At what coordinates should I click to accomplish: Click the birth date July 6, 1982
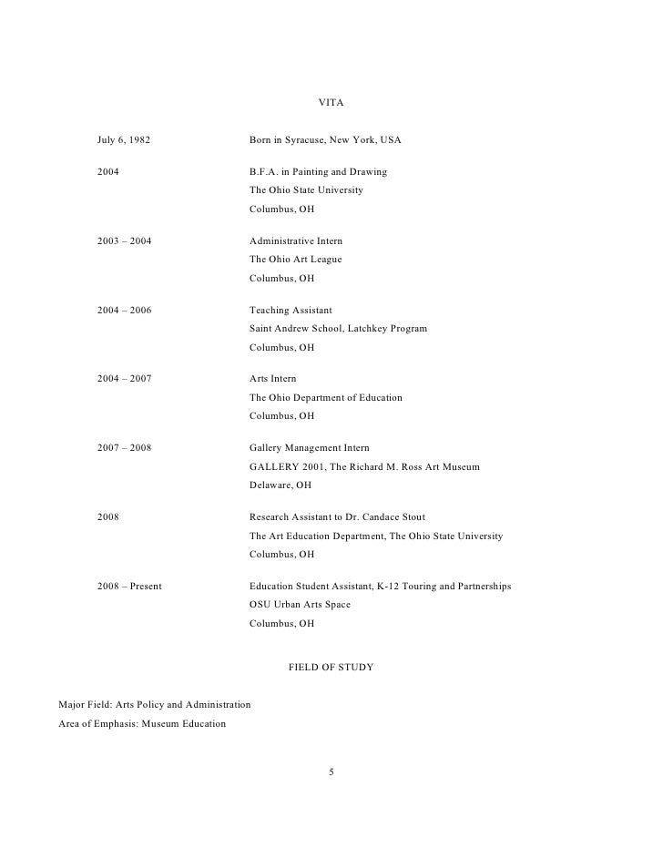pyautogui.click(x=124, y=141)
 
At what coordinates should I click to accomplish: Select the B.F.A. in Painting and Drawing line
pyautogui.click(x=318, y=172)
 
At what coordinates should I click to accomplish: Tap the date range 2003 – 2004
pyautogui.click(x=125, y=241)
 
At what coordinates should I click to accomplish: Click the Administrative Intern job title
pyautogui.click(x=296, y=241)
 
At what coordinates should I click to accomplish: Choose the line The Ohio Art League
pyautogui.click(x=295, y=260)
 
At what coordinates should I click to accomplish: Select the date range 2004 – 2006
pyautogui.click(x=125, y=311)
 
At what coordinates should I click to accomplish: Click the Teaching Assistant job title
pyautogui.click(x=291, y=311)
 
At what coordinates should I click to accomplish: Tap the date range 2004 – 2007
pyautogui.click(x=125, y=379)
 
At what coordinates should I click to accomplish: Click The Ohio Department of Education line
pyautogui.click(x=325, y=398)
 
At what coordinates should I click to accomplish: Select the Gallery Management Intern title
pyautogui.click(x=309, y=448)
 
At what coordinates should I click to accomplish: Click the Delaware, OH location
pyautogui.click(x=280, y=485)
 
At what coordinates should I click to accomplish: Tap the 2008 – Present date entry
pyautogui.click(x=129, y=586)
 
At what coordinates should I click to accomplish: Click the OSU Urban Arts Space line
pyautogui.click(x=300, y=605)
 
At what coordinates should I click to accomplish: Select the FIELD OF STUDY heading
pyautogui.click(x=331, y=668)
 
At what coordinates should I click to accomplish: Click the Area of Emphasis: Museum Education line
pyautogui.click(x=141, y=724)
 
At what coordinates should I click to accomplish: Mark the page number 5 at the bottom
pyautogui.click(x=331, y=773)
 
